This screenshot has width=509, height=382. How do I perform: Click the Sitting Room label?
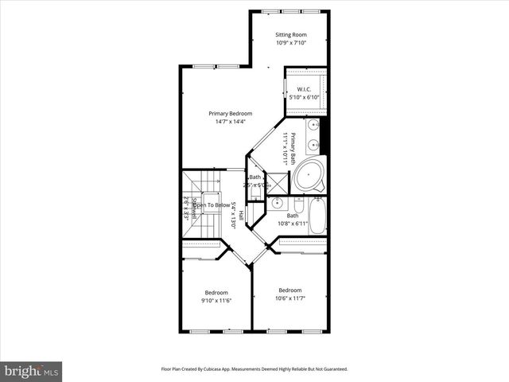click(x=290, y=35)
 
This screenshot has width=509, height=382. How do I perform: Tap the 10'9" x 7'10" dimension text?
click(x=290, y=43)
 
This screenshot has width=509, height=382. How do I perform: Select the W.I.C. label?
click(x=304, y=89)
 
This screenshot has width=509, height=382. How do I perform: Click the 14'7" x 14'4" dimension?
click(x=230, y=122)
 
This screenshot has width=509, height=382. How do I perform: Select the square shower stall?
click(x=276, y=181)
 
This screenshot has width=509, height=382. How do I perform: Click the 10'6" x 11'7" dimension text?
click(x=290, y=298)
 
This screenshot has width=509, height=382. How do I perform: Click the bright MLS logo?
click(x=32, y=371)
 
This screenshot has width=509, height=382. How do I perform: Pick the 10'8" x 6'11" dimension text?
click(x=293, y=224)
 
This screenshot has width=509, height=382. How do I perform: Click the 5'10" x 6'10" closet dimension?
click(x=304, y=97)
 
